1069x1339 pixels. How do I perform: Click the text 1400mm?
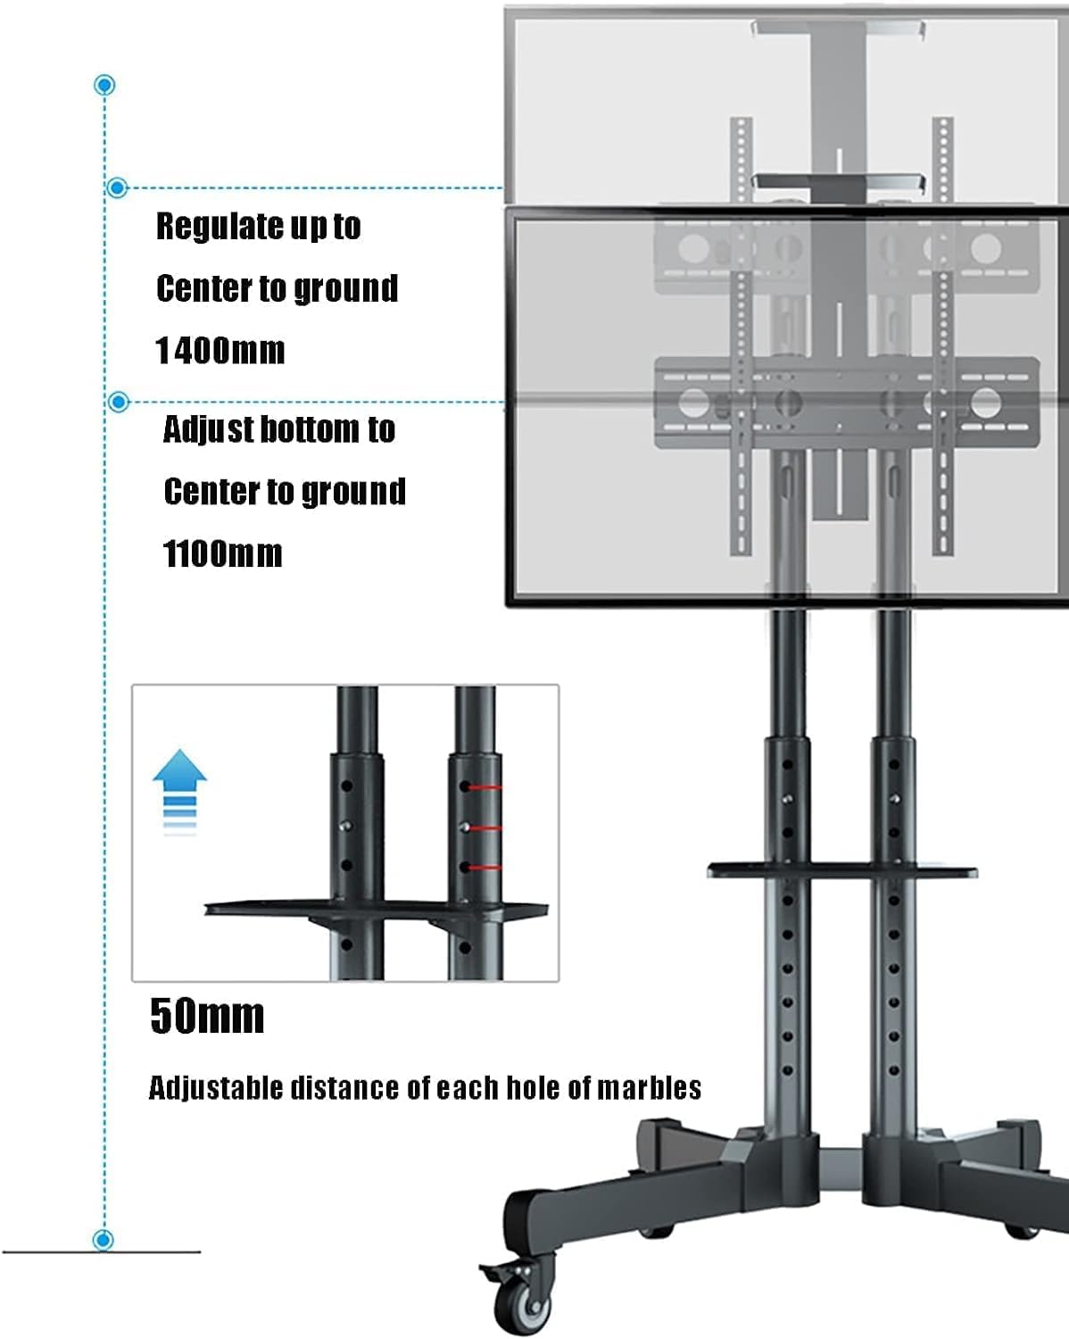coord(220,351)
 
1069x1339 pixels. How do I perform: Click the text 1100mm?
coord(223,554)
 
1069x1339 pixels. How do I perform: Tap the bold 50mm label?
coord(207,1016)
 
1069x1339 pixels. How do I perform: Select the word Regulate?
coord(208,227)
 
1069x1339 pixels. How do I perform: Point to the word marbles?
coord(649,1088)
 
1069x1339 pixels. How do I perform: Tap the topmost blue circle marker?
coord(105,86)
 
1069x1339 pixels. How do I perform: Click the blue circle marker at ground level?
coord(104,1240)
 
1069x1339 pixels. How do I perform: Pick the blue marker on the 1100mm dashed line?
coord(118,402)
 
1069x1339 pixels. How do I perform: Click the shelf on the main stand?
coord(841,869)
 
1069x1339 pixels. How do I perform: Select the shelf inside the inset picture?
coord(375,911)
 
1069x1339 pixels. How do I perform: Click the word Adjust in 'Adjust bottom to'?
coord(209,430)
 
